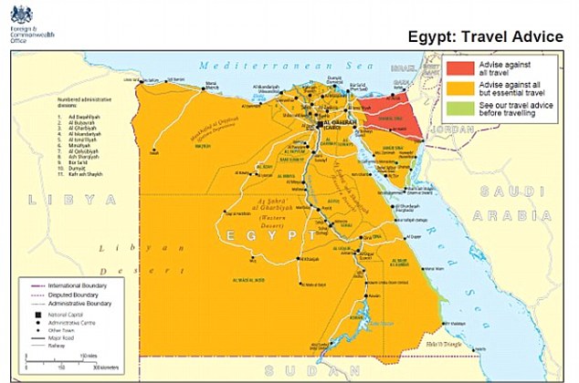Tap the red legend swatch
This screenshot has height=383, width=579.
[459, 68]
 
